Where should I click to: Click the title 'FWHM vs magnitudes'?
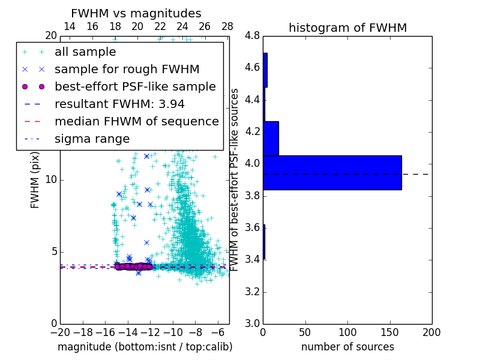[x=136, y=13]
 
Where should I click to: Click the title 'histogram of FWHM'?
[x=347, y=28]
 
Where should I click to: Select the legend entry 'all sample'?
[x=85, y=52]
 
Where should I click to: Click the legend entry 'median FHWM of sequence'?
[x=136, y=121]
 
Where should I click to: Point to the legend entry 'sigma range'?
[x=92, y=139]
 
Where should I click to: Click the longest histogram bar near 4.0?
[x=332, y=173]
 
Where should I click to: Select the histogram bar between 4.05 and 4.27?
[x=271, y=139]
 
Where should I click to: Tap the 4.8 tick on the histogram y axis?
[x=253, y=36]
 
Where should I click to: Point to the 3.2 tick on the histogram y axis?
[x=253, y=292]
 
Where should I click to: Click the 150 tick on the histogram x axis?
[x=389, y=332]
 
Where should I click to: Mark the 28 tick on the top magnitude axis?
[x=227, y=27]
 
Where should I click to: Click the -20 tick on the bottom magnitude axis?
[x=60, y=332]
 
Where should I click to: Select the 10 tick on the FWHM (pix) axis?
[x=51, y=180]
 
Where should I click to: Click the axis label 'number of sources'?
[x=347, y=347]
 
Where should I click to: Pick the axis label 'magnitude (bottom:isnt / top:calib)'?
[x=145, y=347]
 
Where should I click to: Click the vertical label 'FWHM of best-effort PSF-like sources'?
[x=235, y=179]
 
